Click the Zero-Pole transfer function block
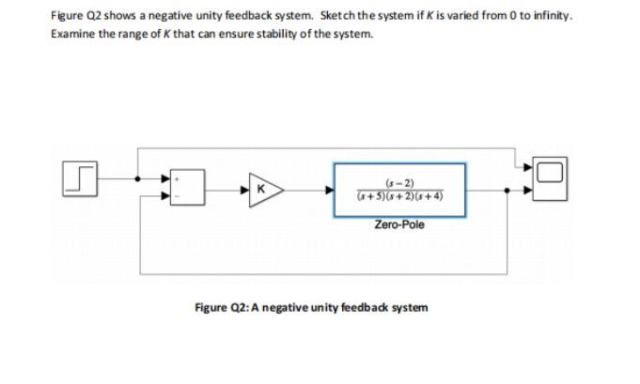[399, 190]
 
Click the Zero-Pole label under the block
[399, 224]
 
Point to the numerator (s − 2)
[399, 181]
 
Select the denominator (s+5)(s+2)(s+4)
[399, 196]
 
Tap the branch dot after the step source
[139, 177]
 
